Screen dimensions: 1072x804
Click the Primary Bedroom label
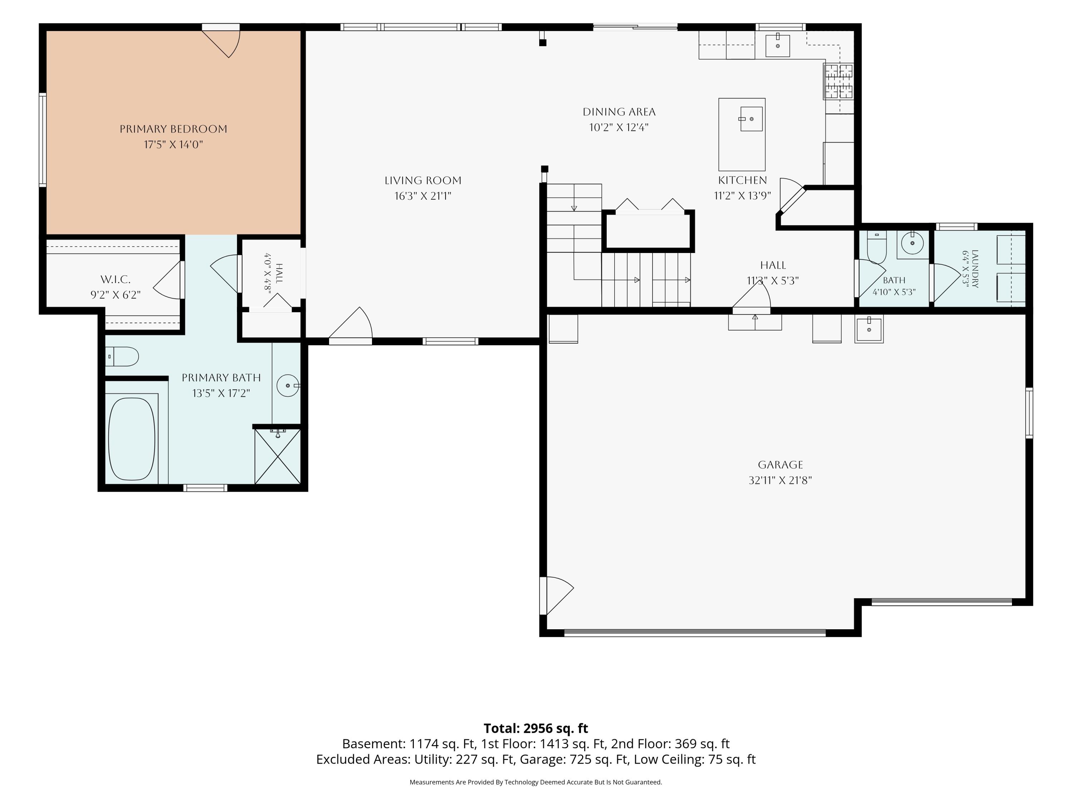tap(174, 129)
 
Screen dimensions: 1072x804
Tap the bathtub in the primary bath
tap(132, 439)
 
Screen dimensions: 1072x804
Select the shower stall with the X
tap(278, 456)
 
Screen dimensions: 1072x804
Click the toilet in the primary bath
tap(122, 357)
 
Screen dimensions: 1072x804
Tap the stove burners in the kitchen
tap(838, 81)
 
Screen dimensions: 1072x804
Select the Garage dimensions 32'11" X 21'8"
tap(780, 480)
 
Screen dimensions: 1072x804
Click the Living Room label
tap(423, 180)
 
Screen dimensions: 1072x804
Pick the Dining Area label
tap(619, 112)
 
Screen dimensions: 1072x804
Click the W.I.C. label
tap(115, 280)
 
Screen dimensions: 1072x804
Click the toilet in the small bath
tap(876, 247)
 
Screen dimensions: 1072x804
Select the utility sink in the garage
tap(869, 329)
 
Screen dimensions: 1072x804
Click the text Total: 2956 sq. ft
tap(536, 728)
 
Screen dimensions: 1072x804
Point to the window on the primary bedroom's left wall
tap(43, 140)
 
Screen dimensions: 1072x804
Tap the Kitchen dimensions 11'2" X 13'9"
tap(743, 196)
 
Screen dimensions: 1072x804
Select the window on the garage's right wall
tap(1029, 413)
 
